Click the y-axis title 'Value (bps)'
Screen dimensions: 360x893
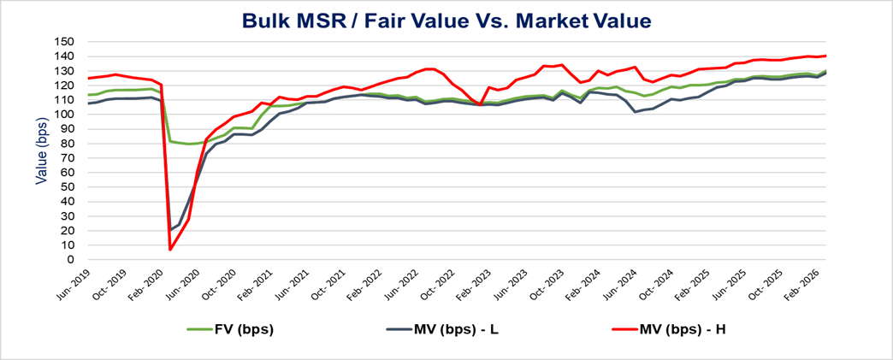40,151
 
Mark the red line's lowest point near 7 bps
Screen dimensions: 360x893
170,250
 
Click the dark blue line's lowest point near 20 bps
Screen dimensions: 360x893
170,230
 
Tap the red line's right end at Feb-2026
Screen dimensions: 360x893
825,56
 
